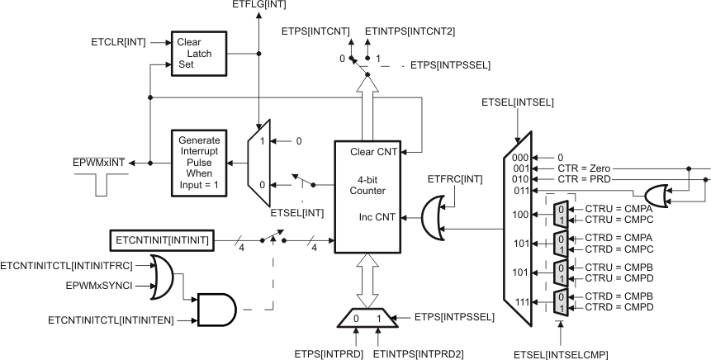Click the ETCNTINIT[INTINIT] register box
click(162, 241)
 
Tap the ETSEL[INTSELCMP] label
click(561, 354)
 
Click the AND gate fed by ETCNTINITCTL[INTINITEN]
click(211, 310)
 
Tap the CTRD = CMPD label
click(615, 307)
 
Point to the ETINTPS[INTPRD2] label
click(418, 354)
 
